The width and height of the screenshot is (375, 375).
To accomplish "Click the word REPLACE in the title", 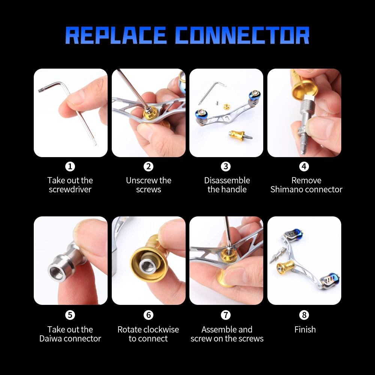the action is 116,35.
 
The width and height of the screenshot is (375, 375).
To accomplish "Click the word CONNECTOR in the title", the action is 242,35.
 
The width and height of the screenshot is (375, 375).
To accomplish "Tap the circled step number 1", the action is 70,166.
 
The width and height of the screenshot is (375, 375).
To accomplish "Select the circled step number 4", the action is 304,166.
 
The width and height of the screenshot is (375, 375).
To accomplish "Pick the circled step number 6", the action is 148,315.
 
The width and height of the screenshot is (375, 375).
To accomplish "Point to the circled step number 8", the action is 304,315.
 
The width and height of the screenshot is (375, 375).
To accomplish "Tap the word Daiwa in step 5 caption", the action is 50,339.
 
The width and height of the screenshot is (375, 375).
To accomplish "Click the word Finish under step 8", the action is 305,330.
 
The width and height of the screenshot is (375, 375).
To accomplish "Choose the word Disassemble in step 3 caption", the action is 227,180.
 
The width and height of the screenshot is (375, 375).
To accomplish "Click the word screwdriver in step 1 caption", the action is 70,189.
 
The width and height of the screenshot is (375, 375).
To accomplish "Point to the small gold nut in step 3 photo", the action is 226,106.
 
